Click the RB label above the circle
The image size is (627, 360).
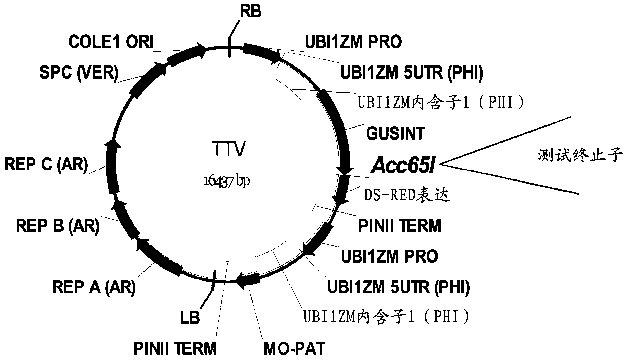click(251, 12)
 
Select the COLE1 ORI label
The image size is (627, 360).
click(111, 42)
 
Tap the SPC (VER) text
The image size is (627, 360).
click(79, 72)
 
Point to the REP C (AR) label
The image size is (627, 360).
click(46, 164)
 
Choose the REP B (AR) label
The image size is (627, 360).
click(58, 226)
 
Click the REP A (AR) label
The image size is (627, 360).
click(94, 287)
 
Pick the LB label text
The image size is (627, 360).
click(190, 317)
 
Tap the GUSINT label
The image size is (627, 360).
click(395, 134)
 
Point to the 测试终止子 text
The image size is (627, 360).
click(580, 155)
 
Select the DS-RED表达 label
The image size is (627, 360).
click(407, 195)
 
